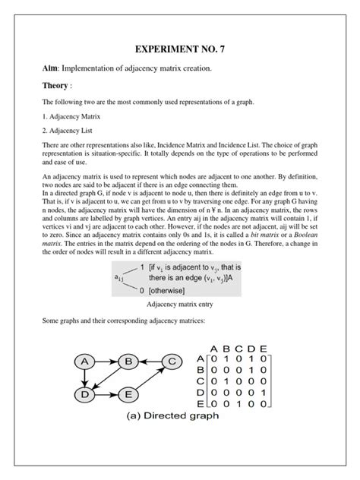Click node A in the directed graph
point(87,360)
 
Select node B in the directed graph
point(129,360)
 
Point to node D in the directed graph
point(87,394)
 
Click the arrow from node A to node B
point(108,360)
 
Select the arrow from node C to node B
point(150,360)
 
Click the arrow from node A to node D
point(87,377)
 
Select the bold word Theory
point(57,86)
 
